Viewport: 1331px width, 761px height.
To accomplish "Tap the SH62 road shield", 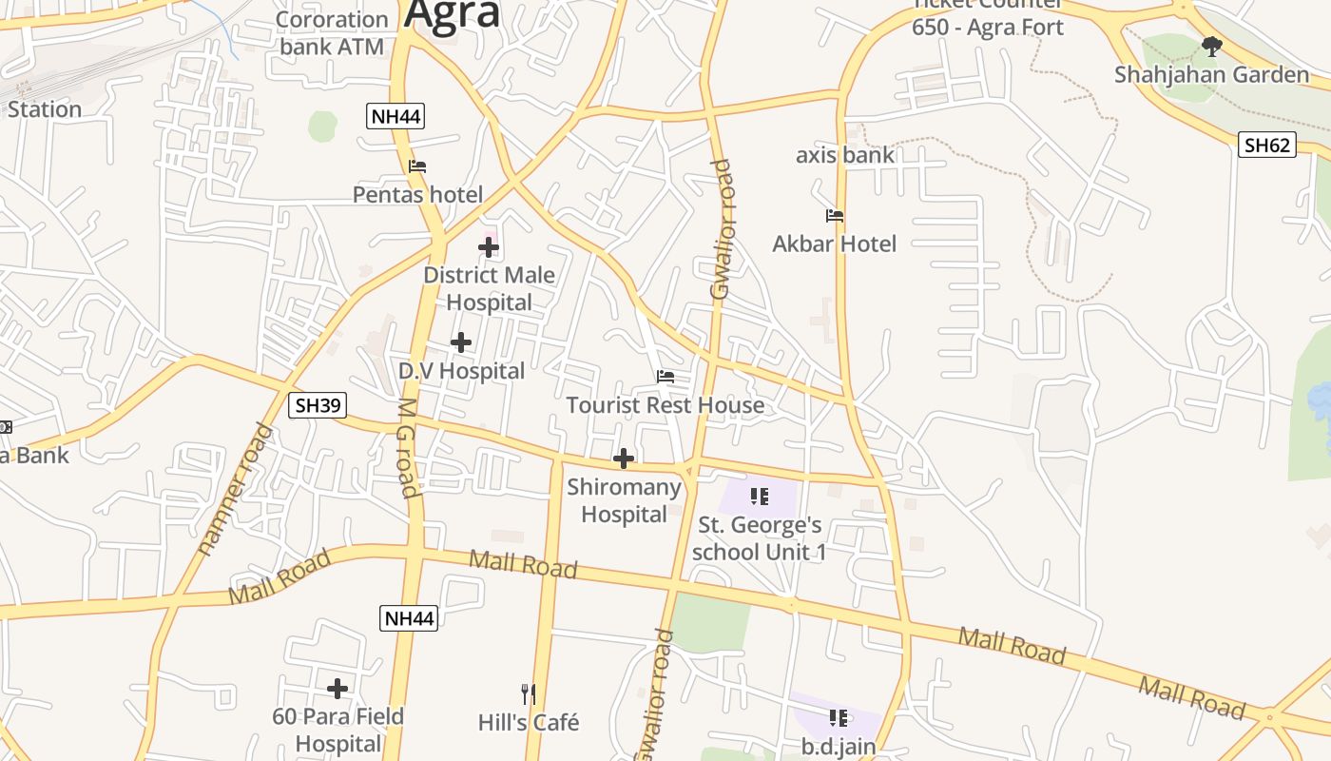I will click(x=1267, y=146).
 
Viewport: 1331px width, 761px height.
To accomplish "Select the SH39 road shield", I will click(x=318, y=405).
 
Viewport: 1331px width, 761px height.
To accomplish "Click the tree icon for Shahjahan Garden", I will click(x=1211, y=46).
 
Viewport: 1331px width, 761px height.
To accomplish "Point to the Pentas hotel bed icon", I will click(x=417, y=166).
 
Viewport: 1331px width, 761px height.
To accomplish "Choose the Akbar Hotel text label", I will click(x=834, y=244).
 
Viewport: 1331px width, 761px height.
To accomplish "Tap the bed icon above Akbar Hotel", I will click(x=835, y=216).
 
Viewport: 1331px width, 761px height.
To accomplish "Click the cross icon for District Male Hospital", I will click(x=489, y=247).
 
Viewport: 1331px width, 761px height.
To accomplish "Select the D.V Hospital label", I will click(x=461, y=371).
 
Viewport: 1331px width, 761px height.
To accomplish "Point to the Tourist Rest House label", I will click(x=665, y=405).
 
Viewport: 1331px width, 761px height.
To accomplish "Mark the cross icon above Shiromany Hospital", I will click(x=624, y=459).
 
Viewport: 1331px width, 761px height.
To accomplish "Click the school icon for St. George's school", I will click(x=759, y=496).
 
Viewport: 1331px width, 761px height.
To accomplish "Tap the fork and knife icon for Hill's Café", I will click(x=529, y=694).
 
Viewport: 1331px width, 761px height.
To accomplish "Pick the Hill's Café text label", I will click(x=529, y=723).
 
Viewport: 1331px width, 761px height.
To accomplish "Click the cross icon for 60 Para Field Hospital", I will click(x=338, y=689).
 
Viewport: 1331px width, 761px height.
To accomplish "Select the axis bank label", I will click(x=845, y=155).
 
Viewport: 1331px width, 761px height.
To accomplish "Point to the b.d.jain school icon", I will click(x=838, y=717).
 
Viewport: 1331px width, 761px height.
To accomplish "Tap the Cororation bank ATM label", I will click(x=331, y=32).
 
